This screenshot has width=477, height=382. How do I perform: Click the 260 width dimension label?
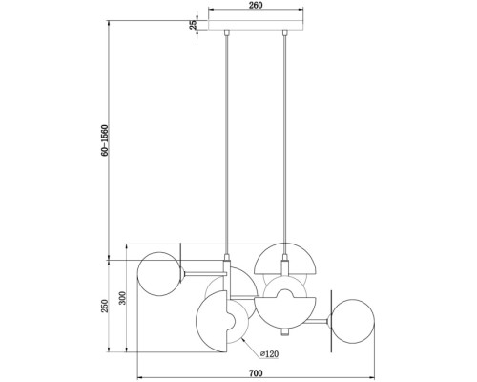click(256, 6)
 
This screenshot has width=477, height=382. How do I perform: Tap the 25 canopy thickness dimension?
click(193, 25)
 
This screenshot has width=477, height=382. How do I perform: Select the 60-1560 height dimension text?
click(105, 140)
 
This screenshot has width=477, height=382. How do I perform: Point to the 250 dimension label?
click(105, 306)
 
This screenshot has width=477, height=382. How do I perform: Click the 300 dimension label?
click(123, 298)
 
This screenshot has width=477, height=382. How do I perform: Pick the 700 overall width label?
click(256, 372)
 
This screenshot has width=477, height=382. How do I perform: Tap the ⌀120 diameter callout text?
click(269, 353)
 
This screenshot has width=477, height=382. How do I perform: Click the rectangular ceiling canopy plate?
click(256, 25)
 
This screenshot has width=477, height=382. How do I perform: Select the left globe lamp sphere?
click(160, 274)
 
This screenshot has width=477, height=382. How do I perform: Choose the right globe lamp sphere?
click(351, 321)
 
